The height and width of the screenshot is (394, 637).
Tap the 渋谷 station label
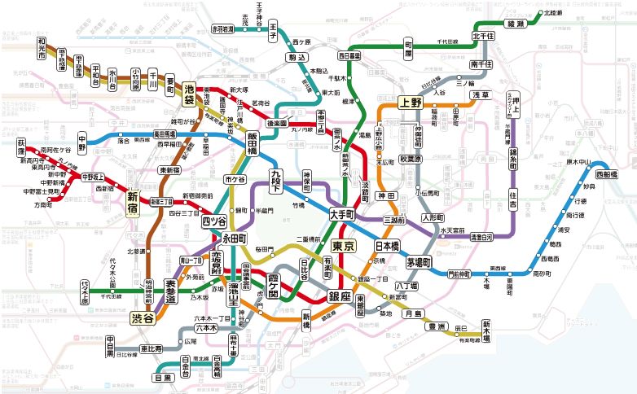pyautogui.click(x=143, y=318)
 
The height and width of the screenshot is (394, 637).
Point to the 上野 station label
pyautogui.click(x=410, y=103)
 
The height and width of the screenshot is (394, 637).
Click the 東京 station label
pyautogui.click(x=343, y=246)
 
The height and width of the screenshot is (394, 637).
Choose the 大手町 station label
pyautogui.click(x=342, y=215)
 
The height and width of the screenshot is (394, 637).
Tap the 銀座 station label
pyautogui.click(x=339, y=295)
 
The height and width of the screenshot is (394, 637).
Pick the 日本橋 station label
pyautogui.click(x=386, y=246)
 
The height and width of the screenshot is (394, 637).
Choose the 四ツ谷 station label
pyautogui.click(x=214, y=221)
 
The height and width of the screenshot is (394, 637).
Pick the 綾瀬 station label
pyautogui.click(x=516, y=25)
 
